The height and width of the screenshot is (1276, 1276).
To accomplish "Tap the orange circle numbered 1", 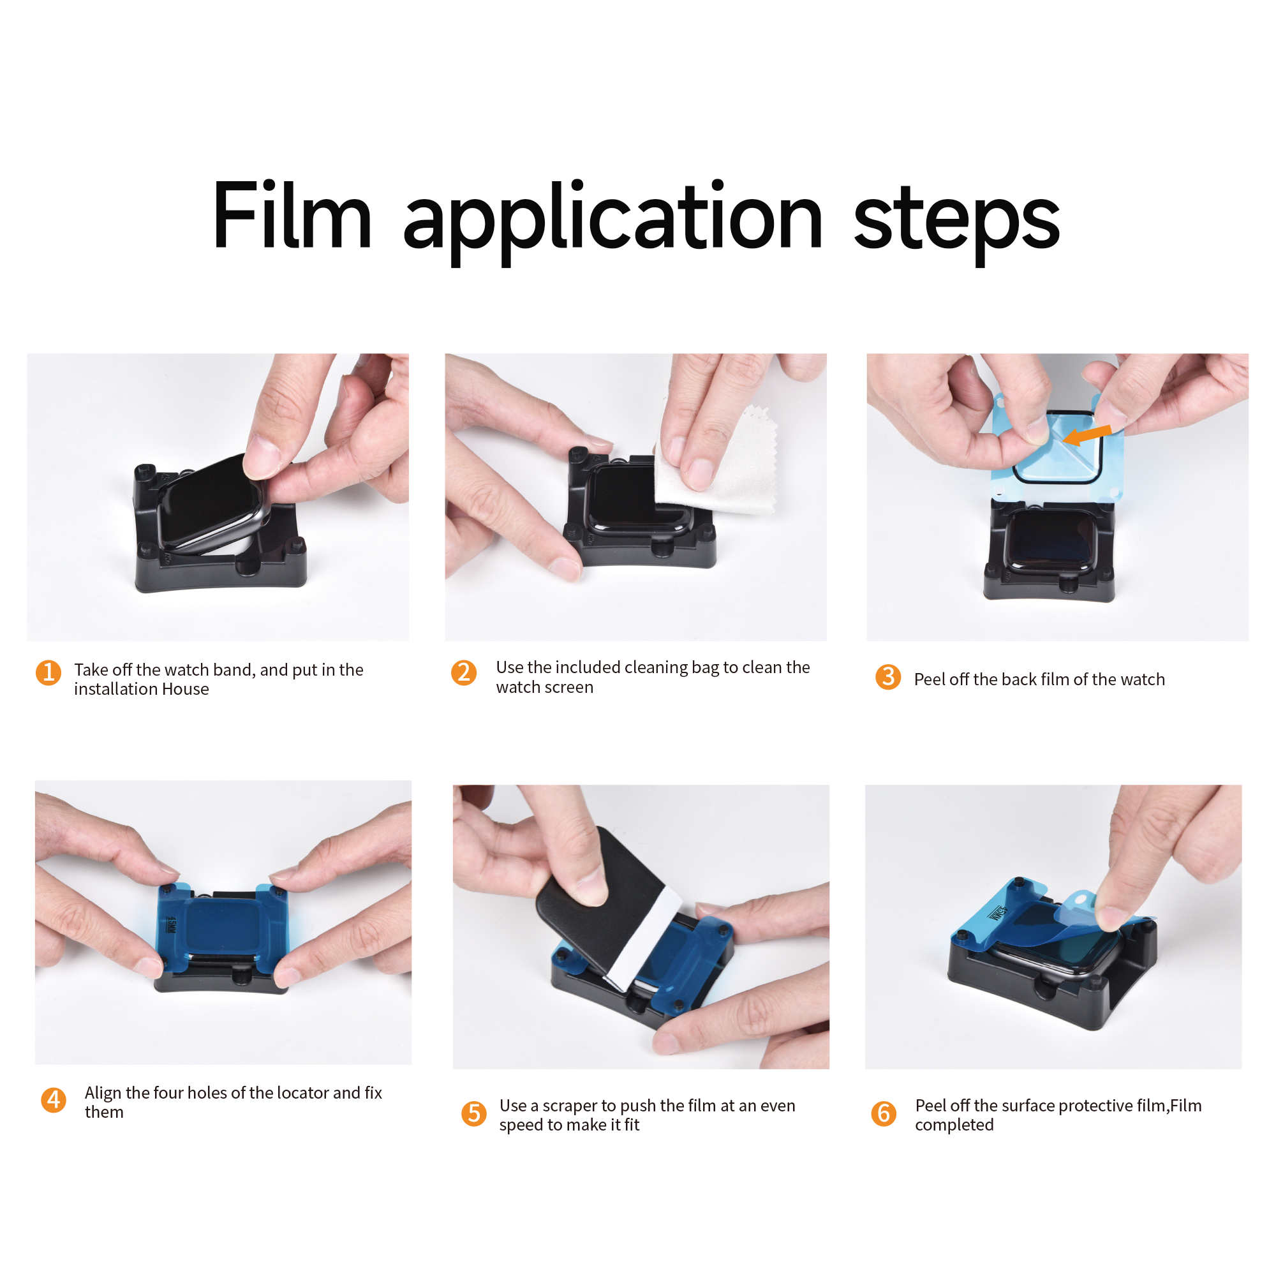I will [x=48, y=673].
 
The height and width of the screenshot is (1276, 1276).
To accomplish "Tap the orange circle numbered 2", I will [x=464, y=672].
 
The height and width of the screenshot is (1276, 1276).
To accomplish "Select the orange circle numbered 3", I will [x=888, y=676].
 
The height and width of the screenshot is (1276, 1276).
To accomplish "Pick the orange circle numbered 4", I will [x=54, y=1101].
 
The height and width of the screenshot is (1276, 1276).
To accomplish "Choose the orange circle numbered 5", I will [x=473, y=1113].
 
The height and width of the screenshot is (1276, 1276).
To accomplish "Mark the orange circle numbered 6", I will [x=884, y=1113].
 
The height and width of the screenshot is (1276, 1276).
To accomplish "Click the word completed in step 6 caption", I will [x=954, y=1125].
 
